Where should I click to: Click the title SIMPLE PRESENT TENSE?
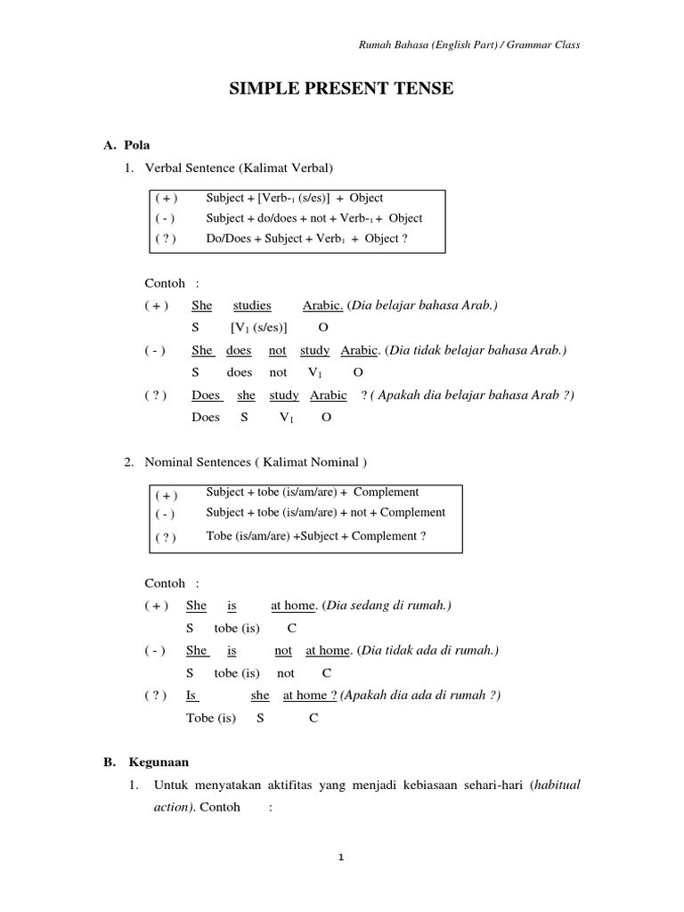343,88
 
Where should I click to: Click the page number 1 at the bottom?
342,858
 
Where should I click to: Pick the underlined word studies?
252,305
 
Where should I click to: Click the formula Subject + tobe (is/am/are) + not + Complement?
326,513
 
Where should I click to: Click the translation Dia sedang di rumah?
387,606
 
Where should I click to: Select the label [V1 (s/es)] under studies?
259,328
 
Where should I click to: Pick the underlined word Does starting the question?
206,395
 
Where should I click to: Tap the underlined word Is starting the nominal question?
191,696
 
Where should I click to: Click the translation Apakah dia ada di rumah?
420,696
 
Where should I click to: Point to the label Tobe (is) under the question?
211,718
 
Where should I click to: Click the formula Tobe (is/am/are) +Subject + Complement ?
315,536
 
